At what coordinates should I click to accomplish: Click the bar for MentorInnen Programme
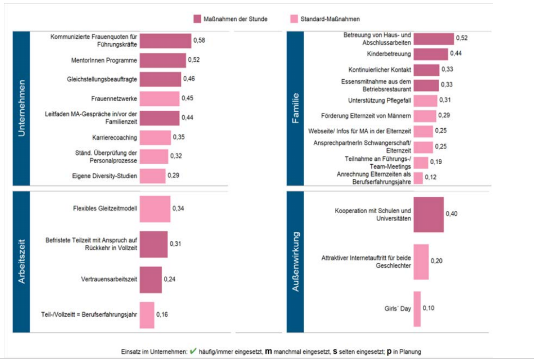[x=163, y=60]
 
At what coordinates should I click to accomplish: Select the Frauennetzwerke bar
[x=159, y=99]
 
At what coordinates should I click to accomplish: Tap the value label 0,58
[x=199, y=40]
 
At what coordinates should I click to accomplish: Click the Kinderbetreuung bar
[x=431, y=54]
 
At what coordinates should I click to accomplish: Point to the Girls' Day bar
[x=417, y=309]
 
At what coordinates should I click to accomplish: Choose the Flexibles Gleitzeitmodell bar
[x=155, y=208]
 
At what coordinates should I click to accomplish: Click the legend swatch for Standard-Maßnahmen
[x=293, y=19]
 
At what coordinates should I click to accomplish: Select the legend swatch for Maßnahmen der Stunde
[x=197, y=19]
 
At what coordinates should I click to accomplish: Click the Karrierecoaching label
[x=115, y=137]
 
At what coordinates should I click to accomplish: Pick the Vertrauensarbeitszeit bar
[x=151, y=280]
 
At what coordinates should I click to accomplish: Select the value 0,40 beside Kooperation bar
[x=451, y=214]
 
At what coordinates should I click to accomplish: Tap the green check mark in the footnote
[x=192, y=351]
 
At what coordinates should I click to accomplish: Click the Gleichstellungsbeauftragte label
[x=102, y=79]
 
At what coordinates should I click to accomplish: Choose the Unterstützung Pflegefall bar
[x=425, y=101]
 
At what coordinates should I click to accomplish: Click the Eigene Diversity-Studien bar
[x=153, y=176]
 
